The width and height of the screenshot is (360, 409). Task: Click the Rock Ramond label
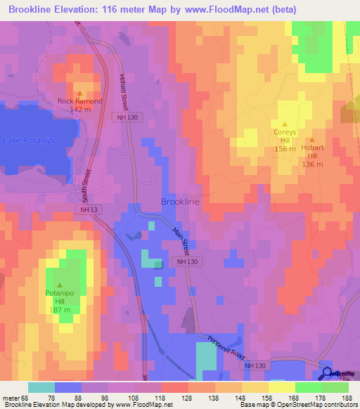(79, 101)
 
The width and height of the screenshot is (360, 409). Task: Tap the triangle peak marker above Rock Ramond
(79, 93)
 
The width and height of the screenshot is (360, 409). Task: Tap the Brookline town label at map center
(180, 202)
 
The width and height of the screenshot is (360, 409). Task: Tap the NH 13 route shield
(86, 210)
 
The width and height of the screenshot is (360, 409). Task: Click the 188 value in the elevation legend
(347, 398)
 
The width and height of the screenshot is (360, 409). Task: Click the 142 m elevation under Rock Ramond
(79, 110)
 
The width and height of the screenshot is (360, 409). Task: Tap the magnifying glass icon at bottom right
(327, 375)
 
